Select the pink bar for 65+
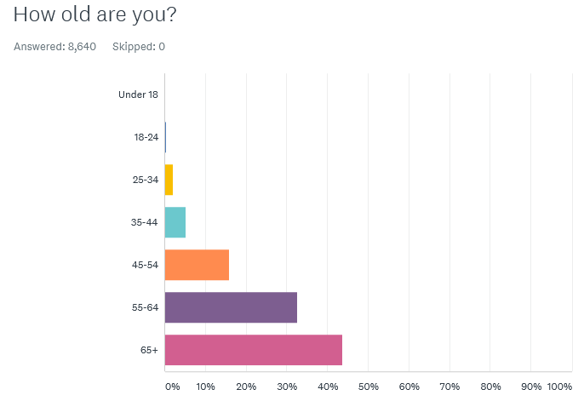pos(253,350)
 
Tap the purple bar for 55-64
pos(231,307)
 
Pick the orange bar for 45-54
pos(197,265)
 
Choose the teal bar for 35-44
pos(175,222)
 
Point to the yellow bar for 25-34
pos(169,180)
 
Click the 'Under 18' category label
pos(138,95)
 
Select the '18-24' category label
pos(146,137)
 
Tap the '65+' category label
pos(149,350)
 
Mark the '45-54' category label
pos(145,265)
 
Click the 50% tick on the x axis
pos(368,387)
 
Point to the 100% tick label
pos(559,387)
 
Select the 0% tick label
pos(172,387)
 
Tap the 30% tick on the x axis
pos(286,387)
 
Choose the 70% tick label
pos(449,387)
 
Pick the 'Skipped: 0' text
pos(139,47)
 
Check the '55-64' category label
pos(145,307)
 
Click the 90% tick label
pos(530,387)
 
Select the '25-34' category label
pos(145,180)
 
